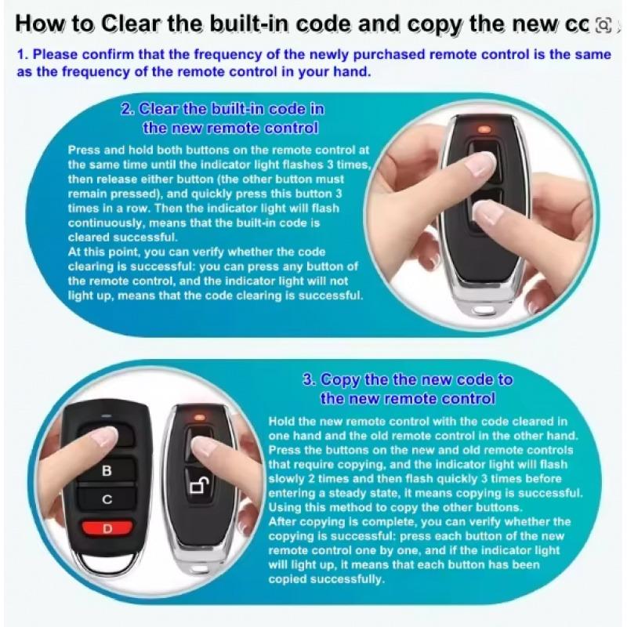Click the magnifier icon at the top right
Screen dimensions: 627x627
tap(603, 25)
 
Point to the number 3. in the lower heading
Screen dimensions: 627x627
tap(310, 380)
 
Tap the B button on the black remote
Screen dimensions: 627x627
tap(107, 471)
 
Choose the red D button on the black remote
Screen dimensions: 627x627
tap(107, 528)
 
